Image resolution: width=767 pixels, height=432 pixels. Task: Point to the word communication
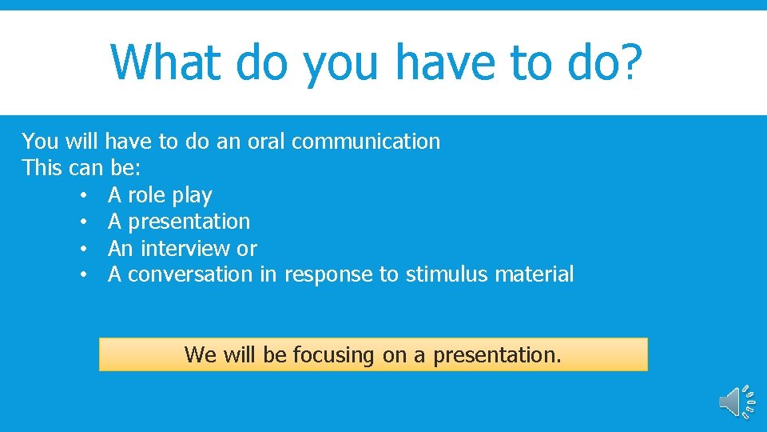pyautogui.click(x=366, y=142)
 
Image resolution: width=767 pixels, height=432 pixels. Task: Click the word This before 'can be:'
pyautogui.click(x=39, y=168)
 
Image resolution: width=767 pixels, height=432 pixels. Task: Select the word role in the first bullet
pyautogui.click(x=147, y=195)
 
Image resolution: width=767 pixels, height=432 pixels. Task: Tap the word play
pyautogui.click(x=193, y=195)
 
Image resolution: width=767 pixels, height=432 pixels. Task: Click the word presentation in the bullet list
pyautogui.click(x=189, y=222)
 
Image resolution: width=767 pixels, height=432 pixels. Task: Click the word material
pyautogui.click(x=534, y=274)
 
